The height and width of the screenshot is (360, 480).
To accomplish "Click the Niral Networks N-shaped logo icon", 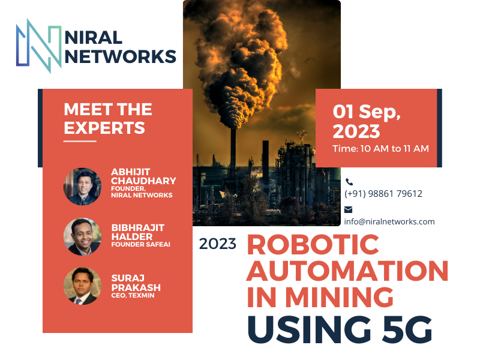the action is coord(39,46).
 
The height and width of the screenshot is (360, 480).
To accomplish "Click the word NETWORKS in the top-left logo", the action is coord(121,56).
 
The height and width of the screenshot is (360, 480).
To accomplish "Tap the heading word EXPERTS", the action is coord(104,128).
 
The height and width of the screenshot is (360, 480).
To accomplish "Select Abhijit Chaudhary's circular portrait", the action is coord(82,187).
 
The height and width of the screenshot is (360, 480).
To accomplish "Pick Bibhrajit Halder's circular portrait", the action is coord(82,236).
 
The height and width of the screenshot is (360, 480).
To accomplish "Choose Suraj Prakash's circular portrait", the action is coord(82,286).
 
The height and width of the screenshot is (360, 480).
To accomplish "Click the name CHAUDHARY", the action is coord(143,181).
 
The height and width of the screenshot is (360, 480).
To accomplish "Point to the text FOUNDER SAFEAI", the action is coord(141,244).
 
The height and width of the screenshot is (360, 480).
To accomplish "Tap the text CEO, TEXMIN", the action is coord(133,295).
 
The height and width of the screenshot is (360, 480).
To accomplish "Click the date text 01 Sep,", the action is coord(367,112).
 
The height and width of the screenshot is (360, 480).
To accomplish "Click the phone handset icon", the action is coord(349,182).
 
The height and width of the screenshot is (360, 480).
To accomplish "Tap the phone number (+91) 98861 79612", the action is coord(383,193).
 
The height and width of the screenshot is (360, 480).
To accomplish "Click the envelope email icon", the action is coord(349,209).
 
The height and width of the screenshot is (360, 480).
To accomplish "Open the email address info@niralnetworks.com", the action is coord(389,221).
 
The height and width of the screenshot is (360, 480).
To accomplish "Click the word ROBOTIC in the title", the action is coord(313,244).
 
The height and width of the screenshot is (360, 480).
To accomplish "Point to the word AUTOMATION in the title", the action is coord(347,271).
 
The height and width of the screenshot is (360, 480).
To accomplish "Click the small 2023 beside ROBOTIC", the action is coord(218,244).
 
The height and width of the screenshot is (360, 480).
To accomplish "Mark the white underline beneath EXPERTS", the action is coord(80,141).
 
